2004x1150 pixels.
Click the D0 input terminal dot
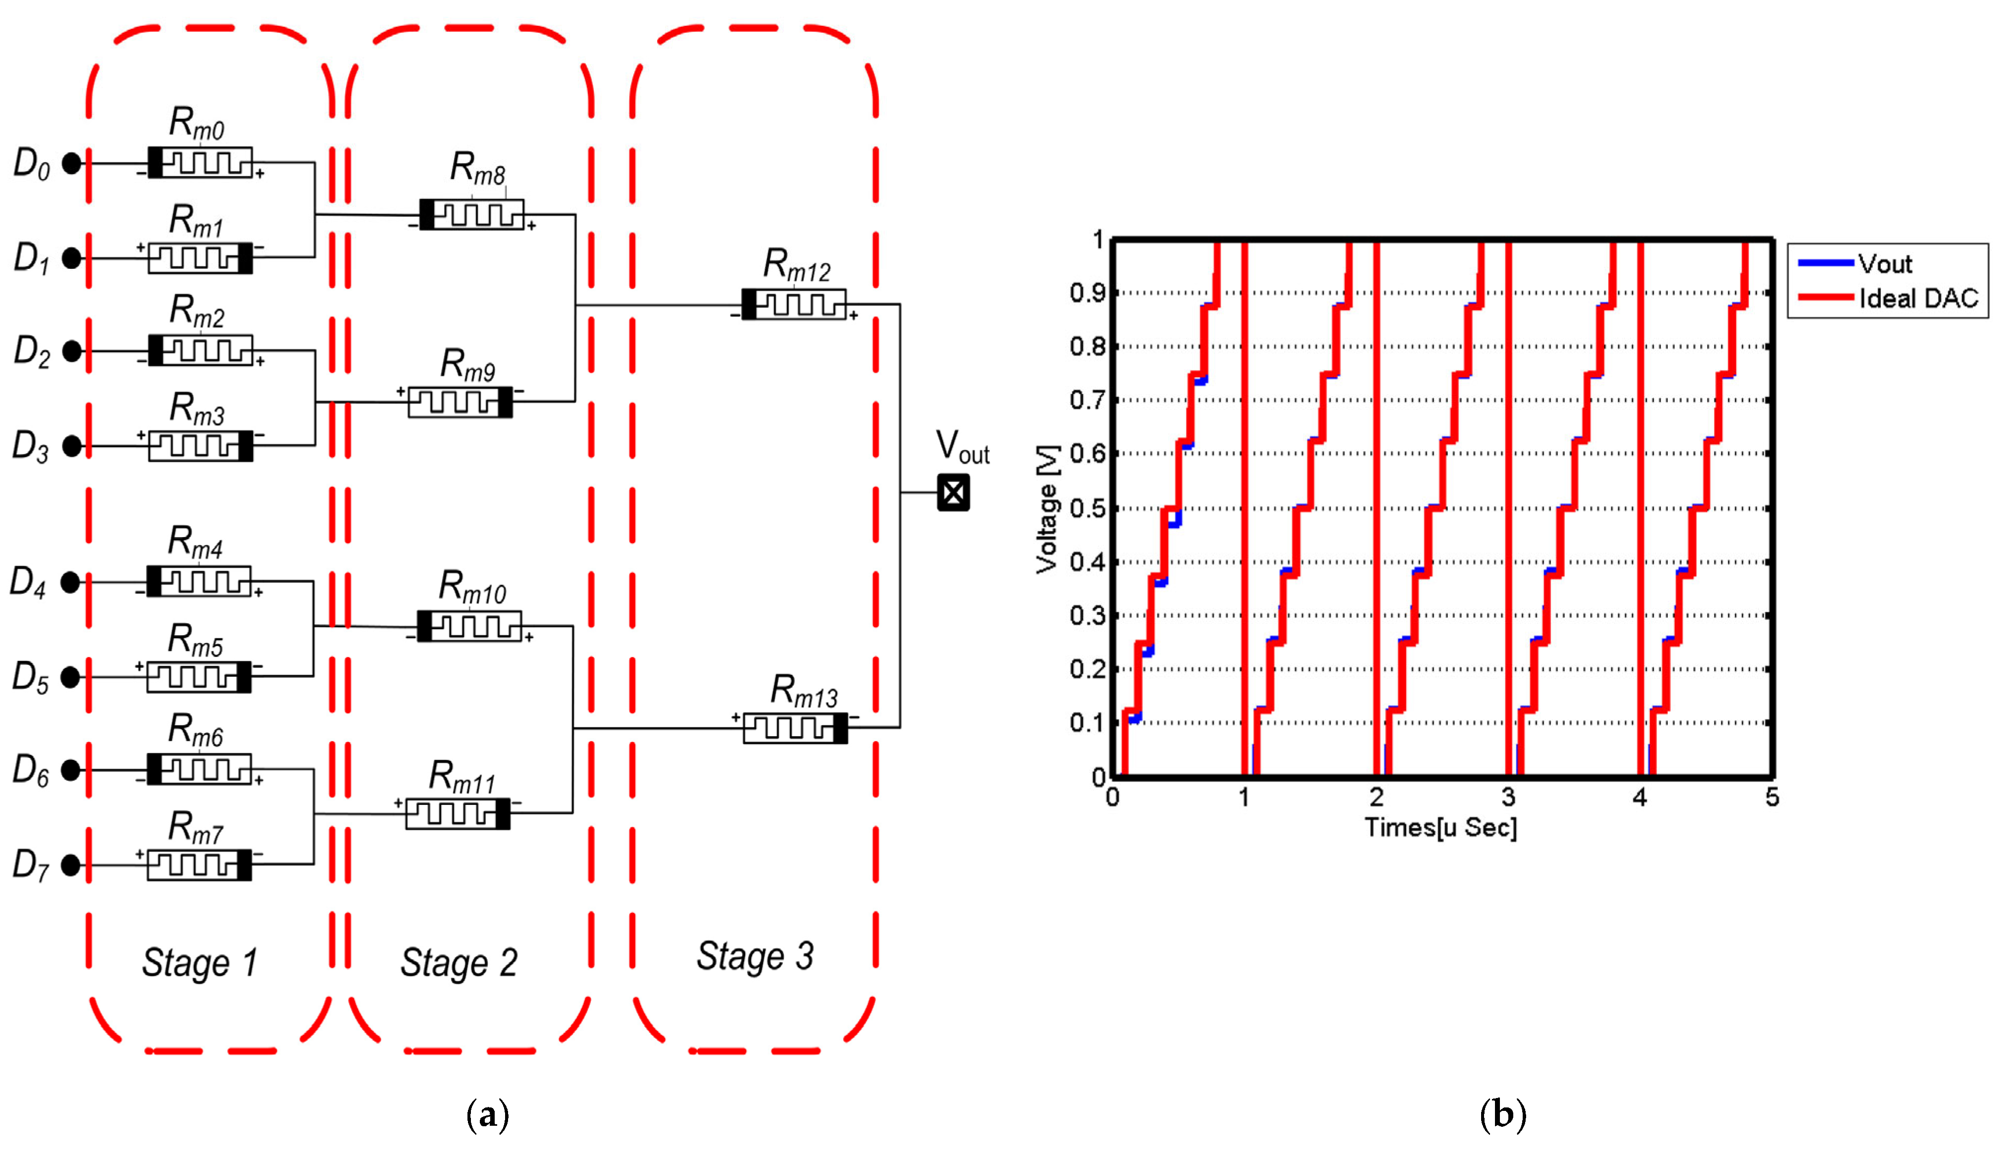72,163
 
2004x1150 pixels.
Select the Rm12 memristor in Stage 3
794,304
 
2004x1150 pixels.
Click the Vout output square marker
953,493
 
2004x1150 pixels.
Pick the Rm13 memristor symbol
795,727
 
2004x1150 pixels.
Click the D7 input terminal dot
70,865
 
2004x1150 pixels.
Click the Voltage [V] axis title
1047,508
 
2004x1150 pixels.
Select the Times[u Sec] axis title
1441,827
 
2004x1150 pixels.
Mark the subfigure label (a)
488,1115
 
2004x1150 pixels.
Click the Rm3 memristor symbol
201,446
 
